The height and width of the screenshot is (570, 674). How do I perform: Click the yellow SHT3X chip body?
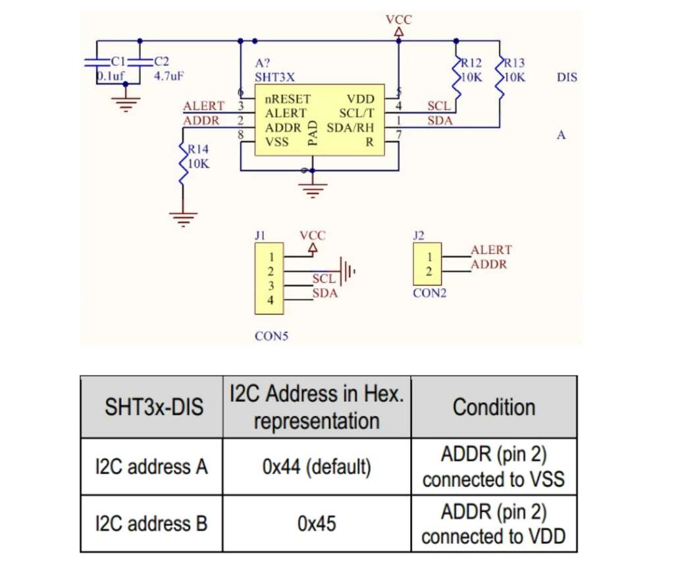click(321, 122)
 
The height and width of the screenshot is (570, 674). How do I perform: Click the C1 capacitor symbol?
click(97, 63)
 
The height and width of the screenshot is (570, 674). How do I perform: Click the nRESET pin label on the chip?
click(287, 99)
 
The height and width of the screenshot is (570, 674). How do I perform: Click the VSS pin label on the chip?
click(276, 142)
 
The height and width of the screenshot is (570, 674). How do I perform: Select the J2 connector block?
click(428, 264)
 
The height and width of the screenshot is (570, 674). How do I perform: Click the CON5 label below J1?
click(271, 336)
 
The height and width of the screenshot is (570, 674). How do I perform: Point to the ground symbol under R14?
click(183, 217)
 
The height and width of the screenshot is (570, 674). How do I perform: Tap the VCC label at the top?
click(398, 20)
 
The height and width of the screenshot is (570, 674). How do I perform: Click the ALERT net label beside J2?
click(490, 250)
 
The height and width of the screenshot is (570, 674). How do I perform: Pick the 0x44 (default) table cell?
click(317, 467)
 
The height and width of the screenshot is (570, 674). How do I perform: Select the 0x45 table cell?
click(317, 524)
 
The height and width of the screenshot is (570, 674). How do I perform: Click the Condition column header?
click(494, 407)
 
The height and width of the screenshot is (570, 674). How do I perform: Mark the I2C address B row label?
click(151, 524)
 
